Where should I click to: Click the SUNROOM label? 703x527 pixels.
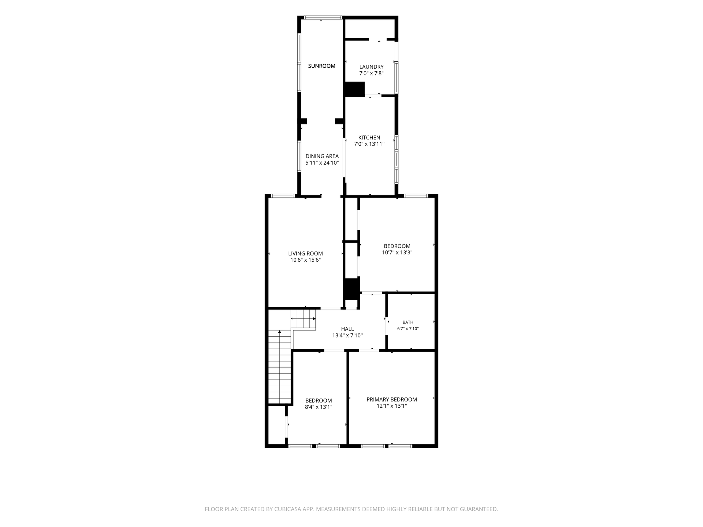click(x=321, y=66)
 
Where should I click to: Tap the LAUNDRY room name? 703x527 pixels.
click(x=371, y=67)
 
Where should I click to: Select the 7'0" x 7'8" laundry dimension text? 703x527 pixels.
click(x=371, y=73)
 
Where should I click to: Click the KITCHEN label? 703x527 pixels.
click(x=369, y=138)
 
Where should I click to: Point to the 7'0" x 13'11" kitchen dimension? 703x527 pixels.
click(x=369, y=144)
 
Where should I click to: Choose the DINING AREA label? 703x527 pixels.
click(x=322, y=156)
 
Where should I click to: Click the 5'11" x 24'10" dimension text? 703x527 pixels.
click(x=322, y=163)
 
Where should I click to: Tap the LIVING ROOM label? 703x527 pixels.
click(x=305, y=253)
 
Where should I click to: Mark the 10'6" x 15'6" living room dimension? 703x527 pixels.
click(x=305, y=260)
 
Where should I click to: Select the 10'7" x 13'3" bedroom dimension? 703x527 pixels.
click(x=397, y=253)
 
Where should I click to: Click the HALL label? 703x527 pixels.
click(x=347, y=329)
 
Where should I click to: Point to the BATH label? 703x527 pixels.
click(x=408, y=322)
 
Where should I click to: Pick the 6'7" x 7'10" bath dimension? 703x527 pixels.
click(x=408, y=329)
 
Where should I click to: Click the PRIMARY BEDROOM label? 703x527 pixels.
click(x=392, y=399)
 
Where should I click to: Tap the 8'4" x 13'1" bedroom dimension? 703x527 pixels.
click(x=319, y=407)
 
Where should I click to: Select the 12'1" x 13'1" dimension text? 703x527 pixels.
click(x=392, y=406)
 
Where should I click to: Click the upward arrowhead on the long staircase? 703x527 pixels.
click(x=280, y=332)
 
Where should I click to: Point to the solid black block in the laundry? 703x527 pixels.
click(x=354, y=89)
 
